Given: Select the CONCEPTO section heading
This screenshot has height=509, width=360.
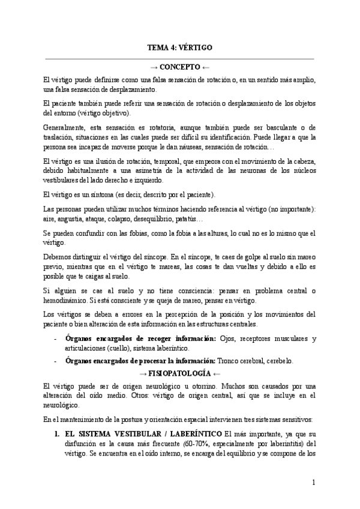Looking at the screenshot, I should tap(179, 67).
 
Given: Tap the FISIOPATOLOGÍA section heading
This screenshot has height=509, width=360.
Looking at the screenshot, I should tap(179, 372).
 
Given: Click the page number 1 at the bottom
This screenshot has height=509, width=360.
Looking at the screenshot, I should tap(313, 482).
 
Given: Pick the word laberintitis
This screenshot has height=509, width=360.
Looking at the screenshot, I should tap(283, 444).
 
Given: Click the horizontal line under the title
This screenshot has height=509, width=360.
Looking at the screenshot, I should tap(179, 58).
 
